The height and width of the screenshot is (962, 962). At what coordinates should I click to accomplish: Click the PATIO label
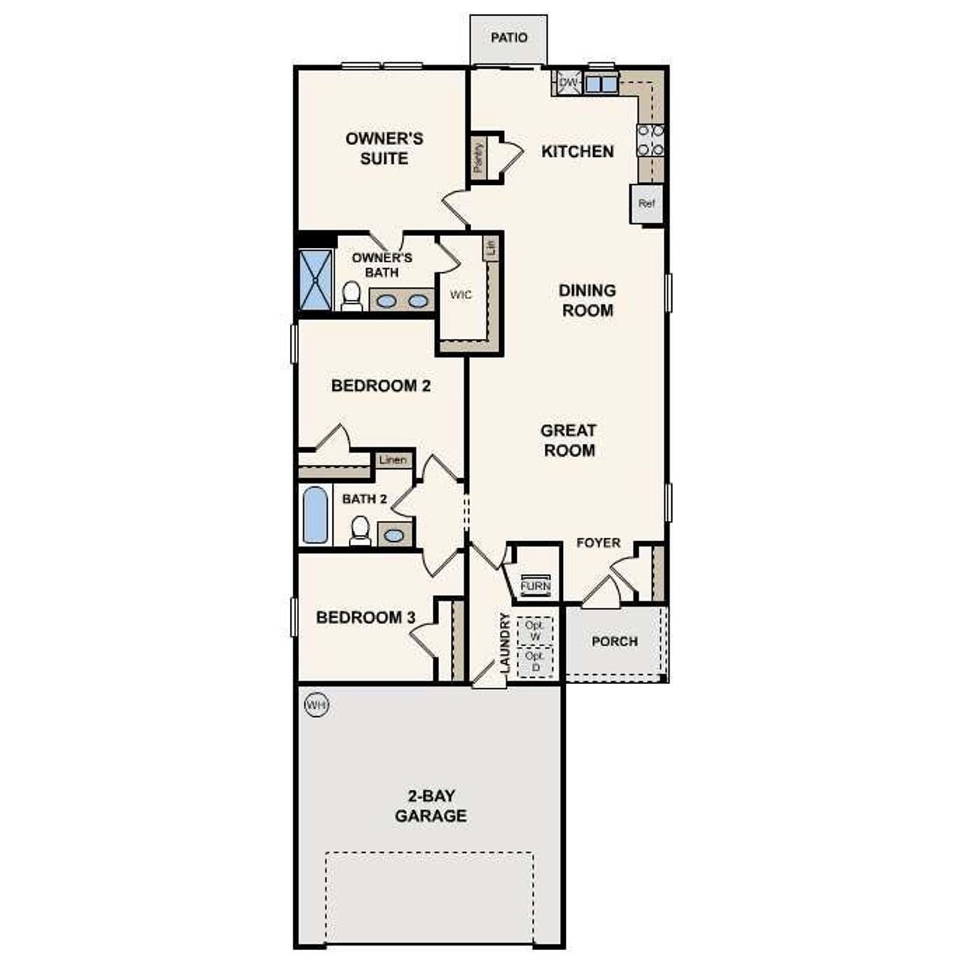[509, 38]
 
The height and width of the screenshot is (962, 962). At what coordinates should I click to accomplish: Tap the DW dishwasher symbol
[568, 82]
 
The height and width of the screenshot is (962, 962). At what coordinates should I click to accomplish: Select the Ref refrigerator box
[646, 204]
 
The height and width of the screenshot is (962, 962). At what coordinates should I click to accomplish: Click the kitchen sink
[600, 83]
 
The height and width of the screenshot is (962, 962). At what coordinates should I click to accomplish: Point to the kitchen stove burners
[651, 140]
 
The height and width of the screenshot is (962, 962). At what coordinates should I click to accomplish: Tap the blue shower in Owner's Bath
[316, 279]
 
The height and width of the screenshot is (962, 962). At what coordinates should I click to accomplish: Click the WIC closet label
[461, 295]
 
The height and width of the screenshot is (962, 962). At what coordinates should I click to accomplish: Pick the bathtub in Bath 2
[316, 515]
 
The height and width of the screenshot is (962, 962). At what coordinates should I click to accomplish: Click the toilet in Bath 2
[360, 530]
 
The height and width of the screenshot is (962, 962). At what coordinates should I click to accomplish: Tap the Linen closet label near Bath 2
[393, 460]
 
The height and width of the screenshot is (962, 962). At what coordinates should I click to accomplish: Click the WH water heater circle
[316, 705]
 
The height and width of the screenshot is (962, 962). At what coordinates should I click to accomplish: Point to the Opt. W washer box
[535, 631]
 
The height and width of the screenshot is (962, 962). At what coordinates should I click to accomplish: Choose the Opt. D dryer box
[535, 662]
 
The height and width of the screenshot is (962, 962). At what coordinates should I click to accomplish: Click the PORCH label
[615, 641]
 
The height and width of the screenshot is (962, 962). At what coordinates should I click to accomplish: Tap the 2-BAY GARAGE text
[431, 806]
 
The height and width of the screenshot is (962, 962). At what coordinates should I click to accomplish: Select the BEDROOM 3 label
[365, 618]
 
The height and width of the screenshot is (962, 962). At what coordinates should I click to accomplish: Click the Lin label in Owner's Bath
[492, 248]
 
